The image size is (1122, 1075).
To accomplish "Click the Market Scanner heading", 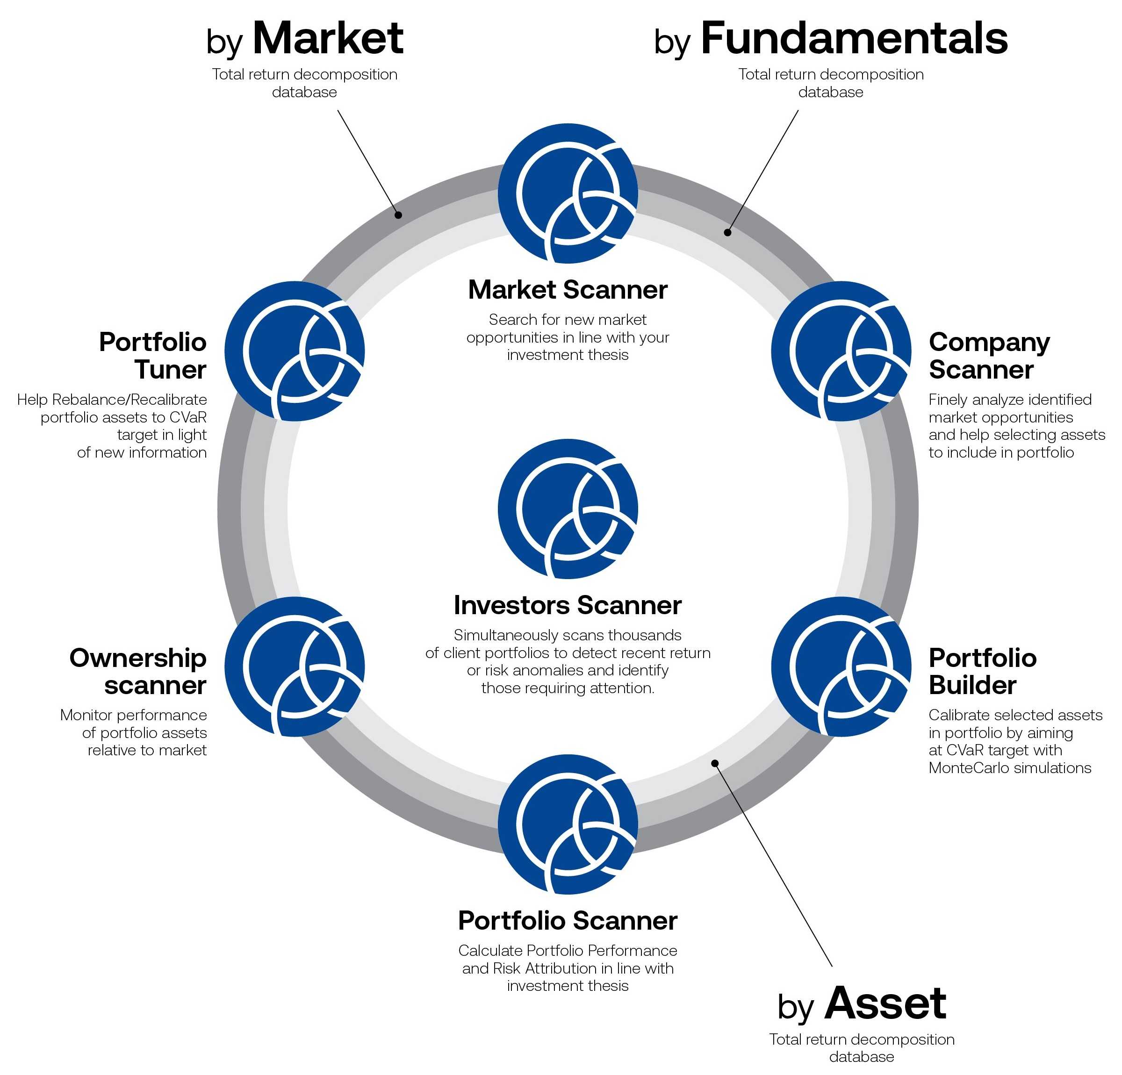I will coord(567,290).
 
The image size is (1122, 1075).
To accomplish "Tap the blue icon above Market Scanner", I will coord(567,193).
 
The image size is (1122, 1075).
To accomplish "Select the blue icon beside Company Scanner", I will coord(841,351).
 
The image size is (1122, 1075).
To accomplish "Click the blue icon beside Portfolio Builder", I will coord(841,666).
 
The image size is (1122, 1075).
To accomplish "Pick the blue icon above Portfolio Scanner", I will coord(567,824).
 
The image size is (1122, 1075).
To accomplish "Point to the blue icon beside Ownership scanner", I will coord(294,666).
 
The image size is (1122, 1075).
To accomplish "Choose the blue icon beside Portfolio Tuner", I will coord(294,351).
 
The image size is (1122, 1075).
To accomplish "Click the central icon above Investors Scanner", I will coord(567,509).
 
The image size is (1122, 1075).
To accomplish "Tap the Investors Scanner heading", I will coord(567,605).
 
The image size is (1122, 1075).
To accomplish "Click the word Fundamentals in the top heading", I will coord(854,39).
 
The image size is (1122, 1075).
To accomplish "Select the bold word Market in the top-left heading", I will coord(328,39).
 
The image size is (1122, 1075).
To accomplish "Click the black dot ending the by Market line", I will coord(398,215).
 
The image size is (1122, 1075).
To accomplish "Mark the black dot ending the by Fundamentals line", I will coord(727,232).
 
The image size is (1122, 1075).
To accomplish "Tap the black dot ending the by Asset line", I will coord(714,763).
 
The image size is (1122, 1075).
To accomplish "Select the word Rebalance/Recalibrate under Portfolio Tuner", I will coord(129,400).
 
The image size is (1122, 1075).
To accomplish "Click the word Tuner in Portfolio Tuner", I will coord(171,370).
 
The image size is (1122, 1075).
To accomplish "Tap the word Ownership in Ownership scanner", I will coord(138,658).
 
